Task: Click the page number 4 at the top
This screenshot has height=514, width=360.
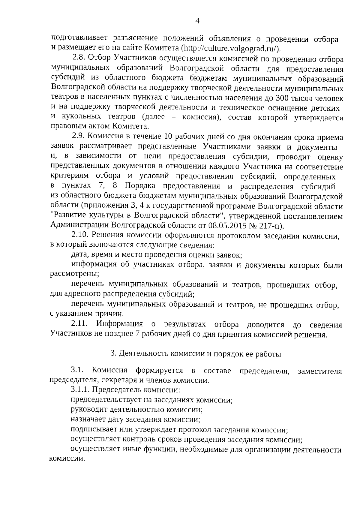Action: (x=197, y=21)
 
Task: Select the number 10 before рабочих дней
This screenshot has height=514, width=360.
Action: (x=167, y=137)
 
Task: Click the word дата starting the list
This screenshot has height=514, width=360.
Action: (x=80, y=255)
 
